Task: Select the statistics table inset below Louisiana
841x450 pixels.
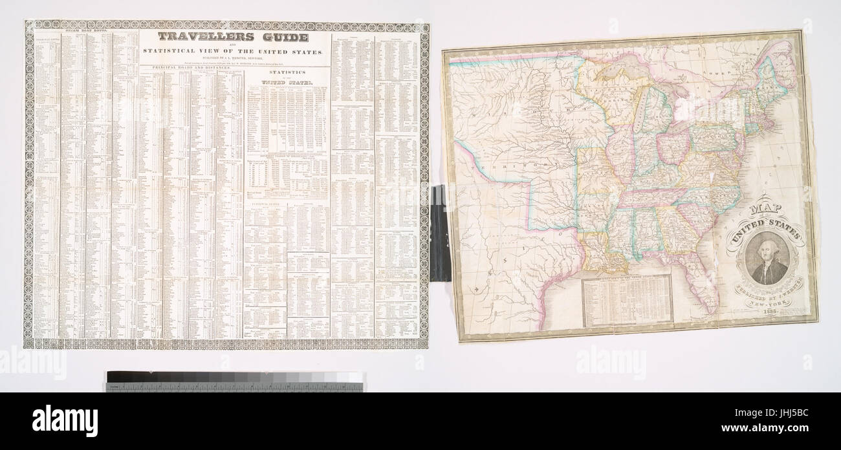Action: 627,300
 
